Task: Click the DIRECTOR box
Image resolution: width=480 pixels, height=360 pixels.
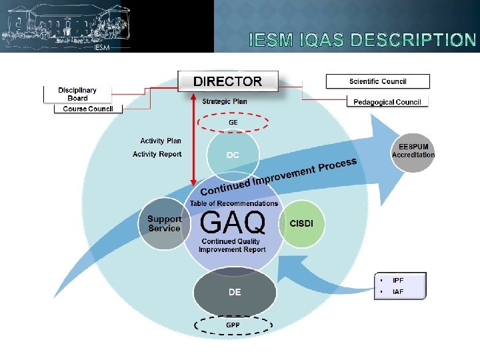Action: pos(227,81)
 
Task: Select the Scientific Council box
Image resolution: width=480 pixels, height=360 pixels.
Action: pos(377,81)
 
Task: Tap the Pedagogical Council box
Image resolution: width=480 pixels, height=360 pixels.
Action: pos(387,102)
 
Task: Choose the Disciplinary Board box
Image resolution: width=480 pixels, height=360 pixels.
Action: pos(77,94)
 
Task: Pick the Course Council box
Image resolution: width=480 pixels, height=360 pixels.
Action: pos(88,109)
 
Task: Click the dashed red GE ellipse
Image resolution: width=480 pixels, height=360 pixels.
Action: pos(233,123)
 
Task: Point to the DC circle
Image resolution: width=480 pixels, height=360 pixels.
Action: pos(233,155)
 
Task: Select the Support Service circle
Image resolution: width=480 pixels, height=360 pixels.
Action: pos(164,223)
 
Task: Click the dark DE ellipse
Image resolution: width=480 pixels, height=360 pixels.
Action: pos(235,292)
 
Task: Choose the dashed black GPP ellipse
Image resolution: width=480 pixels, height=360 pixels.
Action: pos(233,325)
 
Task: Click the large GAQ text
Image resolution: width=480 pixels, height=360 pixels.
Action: pos(233,222)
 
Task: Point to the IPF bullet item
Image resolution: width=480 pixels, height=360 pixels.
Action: pos(398,281)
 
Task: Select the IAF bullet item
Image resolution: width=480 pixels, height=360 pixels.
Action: pos(398,291)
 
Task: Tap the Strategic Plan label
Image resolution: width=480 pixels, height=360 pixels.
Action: pos(225,102)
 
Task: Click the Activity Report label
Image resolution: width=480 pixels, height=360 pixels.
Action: pos(157,154)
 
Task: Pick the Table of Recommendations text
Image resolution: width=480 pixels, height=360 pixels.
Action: pos(234,203)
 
